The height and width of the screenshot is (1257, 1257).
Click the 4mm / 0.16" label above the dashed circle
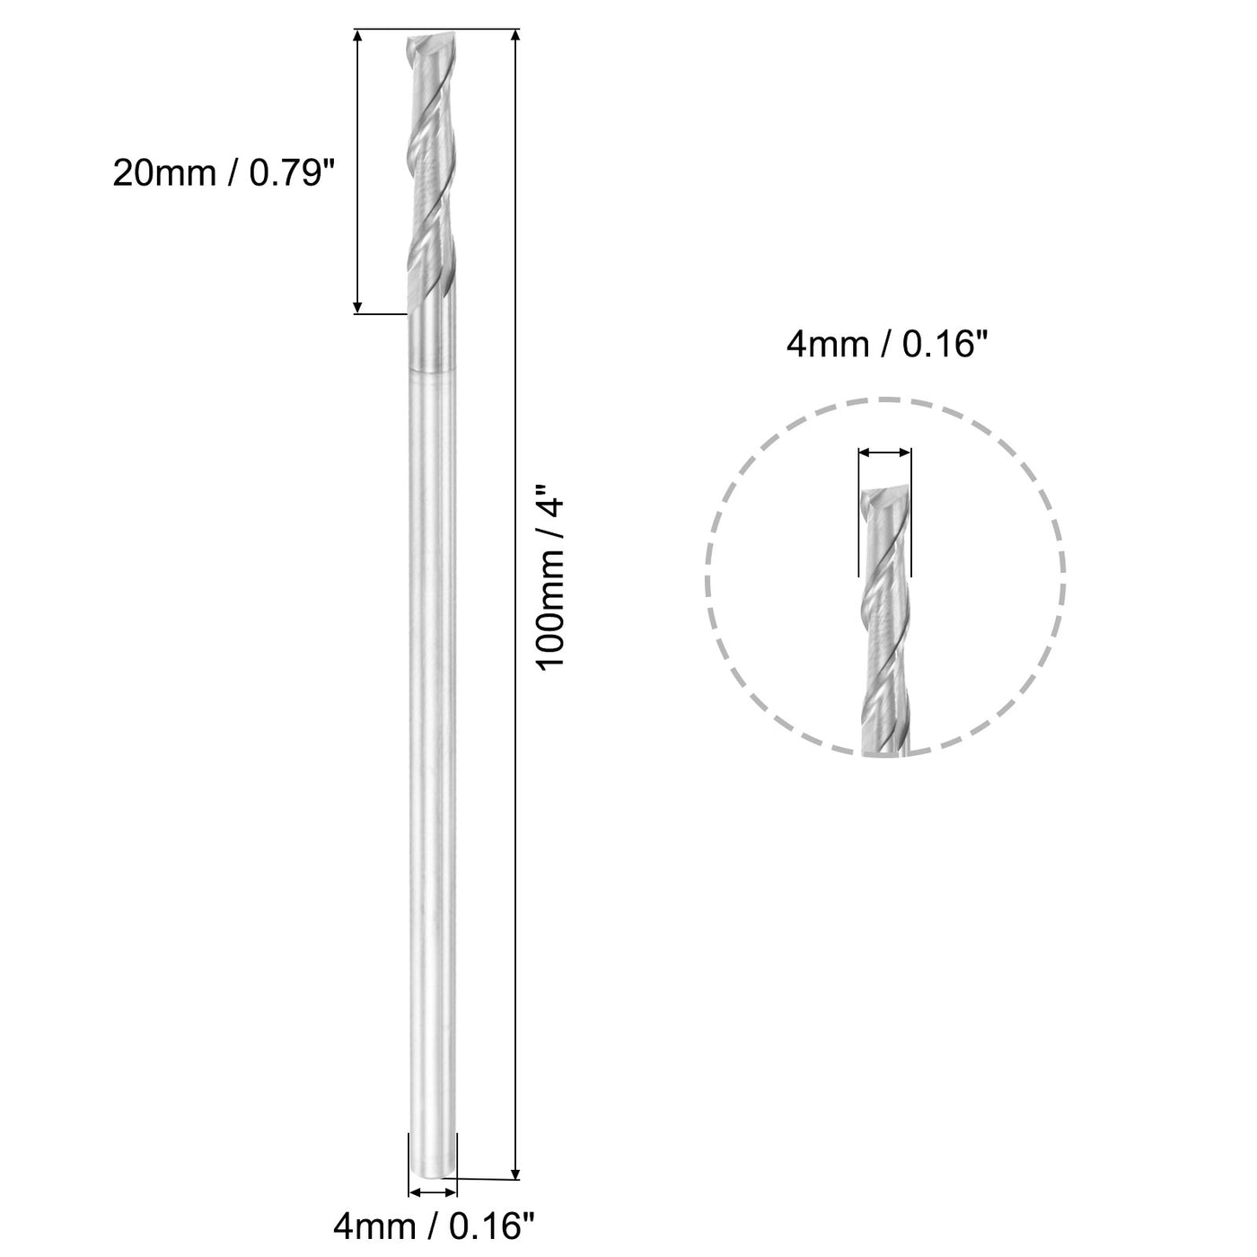(880, 344)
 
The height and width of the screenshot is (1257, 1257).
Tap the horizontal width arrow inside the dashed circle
(884, 455)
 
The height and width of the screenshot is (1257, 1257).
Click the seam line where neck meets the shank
(430, 373)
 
